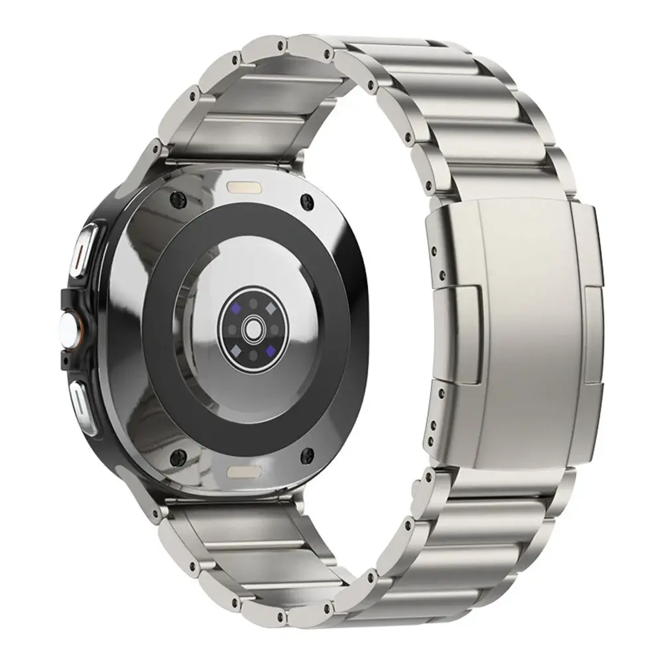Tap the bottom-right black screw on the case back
coord(308,454)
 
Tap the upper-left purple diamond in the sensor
coord(234,307)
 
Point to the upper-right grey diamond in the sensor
coord(271,308)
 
